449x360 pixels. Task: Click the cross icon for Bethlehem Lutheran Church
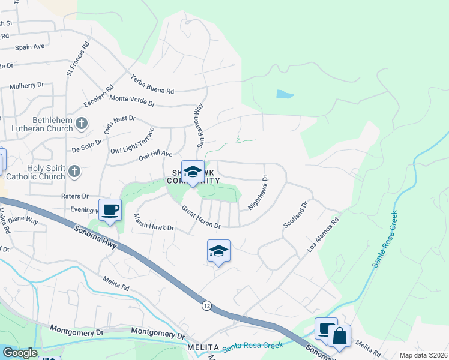[x=83, y=124]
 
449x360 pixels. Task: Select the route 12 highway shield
[x=207, y=306]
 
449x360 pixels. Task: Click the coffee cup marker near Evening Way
[x=110, y=211]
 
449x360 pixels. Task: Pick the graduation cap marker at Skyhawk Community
[x=193, y=172]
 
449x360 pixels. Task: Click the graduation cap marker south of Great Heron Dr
[x=218, y=251]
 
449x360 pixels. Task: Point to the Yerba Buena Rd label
[x=152, y=83]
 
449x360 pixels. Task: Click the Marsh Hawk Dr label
[x=153, y=222]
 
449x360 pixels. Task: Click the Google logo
[x=19, y=353]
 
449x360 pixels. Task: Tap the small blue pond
[x=285, y=94]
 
